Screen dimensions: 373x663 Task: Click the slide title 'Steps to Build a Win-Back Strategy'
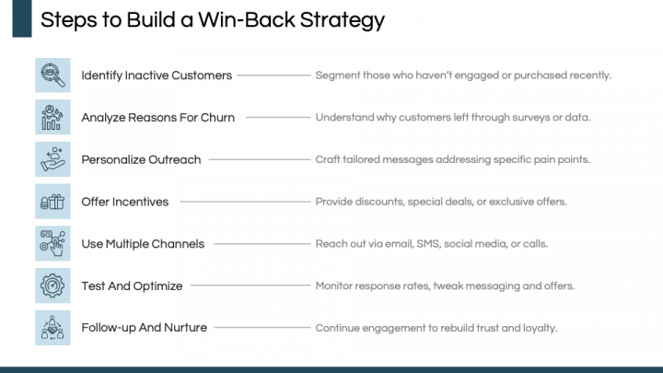(213, 19)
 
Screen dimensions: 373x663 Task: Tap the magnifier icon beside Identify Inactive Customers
(52, 76)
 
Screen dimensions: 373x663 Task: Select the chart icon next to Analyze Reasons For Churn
(52, 118)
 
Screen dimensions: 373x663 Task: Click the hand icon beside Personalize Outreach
(52, 159)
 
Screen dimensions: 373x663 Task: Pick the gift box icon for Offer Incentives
(52, 202)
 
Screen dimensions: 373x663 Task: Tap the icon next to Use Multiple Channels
(52, 244)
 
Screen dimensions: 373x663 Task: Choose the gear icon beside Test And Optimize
(52, 286)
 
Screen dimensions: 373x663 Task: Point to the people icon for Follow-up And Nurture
(52, 328)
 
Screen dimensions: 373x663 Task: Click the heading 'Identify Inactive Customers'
(157, 76)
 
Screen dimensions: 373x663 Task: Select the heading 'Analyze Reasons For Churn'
(157, 118)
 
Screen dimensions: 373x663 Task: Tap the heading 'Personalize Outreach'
(141, 159)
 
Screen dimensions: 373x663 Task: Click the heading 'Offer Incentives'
(124, 202)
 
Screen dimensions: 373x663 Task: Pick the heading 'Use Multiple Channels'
(143, 244)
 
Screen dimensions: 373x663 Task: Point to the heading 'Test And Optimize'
(132, 286)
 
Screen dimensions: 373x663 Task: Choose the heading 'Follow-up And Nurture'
(144, 328)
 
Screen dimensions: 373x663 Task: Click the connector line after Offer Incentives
(243, 202)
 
